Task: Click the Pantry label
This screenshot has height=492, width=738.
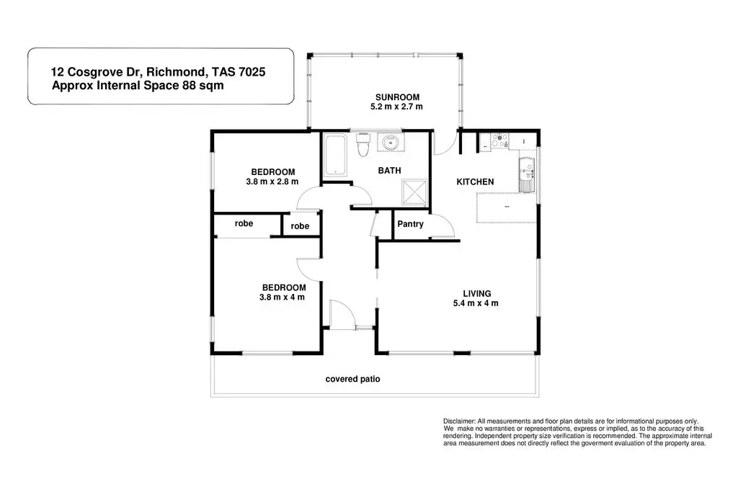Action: coord(411,224)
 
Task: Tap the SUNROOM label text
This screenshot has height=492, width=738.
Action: coord(396,97)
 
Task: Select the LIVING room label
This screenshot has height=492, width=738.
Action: coord(477,293)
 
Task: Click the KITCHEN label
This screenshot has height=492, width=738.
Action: coord(475,182)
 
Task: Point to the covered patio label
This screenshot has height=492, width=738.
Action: coord(352,379)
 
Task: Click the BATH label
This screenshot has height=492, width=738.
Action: coord(390,171)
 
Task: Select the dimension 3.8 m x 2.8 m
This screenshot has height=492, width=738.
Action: coord(272,182)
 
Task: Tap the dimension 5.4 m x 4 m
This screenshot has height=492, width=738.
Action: coord(477,303)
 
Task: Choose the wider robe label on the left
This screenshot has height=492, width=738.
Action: coord(244,223)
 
